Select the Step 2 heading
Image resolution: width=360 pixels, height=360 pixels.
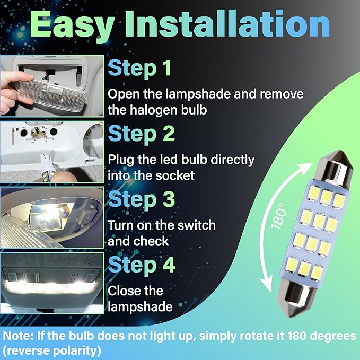click(142, 134)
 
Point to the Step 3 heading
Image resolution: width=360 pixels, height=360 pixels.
click(142, 200)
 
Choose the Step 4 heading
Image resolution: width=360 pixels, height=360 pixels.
click(142, 264)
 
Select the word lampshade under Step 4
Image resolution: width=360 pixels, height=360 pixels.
click(141, 306)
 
